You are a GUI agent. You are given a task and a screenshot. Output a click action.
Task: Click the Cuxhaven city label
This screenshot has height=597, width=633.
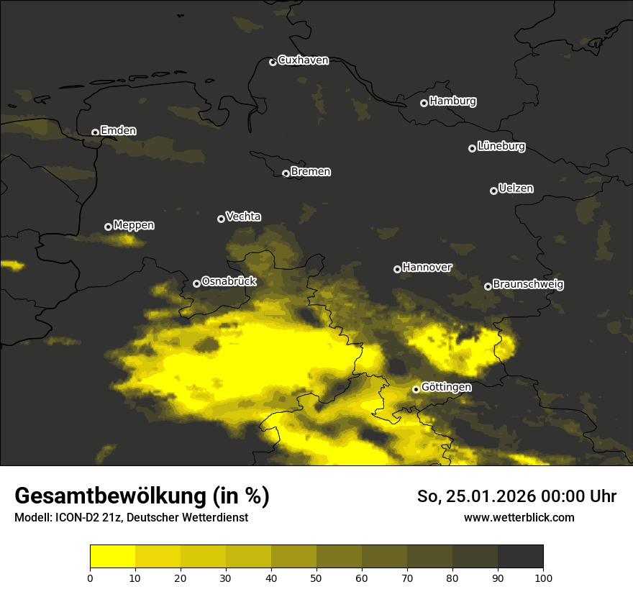point(303,60)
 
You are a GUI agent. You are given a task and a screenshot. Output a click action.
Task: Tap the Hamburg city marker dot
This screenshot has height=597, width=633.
point(424,103)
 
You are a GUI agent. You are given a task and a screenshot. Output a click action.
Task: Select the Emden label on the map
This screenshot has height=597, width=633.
point(118,131)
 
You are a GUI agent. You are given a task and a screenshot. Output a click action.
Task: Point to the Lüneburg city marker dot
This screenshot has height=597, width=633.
point(472,148)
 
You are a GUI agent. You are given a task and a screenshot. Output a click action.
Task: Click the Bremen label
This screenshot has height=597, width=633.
point(311,172)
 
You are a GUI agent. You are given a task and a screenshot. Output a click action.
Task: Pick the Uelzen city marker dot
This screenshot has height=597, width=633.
point(493,191)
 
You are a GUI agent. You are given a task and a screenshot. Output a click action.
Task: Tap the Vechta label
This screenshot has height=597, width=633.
point(243,217)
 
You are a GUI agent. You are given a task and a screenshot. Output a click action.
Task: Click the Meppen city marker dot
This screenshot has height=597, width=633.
point(108,227)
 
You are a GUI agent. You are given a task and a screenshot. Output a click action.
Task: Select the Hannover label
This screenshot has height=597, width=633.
point(427,268)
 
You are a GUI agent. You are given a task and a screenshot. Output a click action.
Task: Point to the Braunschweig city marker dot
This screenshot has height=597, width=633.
point(488,286)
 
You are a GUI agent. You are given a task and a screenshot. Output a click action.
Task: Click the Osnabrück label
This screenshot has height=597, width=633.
point(229,282)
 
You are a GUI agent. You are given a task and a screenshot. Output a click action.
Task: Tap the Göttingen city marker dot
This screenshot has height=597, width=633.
point(416,389)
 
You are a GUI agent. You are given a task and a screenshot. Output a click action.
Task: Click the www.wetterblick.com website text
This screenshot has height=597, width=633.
point(519,517)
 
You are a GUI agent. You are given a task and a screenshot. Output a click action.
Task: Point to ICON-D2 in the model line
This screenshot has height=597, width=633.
point(78,518)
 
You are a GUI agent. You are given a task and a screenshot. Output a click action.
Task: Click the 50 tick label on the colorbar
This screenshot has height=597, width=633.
point(316,578)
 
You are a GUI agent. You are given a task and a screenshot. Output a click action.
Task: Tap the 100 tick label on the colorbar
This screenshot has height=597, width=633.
point(543,578)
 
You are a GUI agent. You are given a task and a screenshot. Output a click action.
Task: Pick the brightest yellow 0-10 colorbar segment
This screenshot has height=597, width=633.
point(112,556)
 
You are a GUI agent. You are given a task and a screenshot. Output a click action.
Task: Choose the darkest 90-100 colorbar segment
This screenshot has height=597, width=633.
point(520,556)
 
